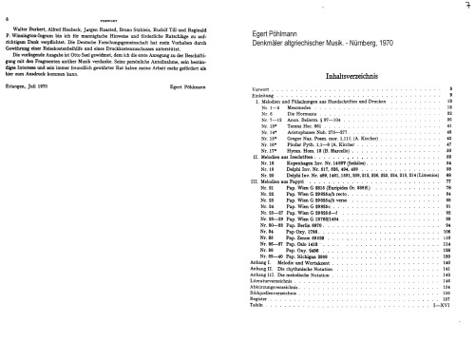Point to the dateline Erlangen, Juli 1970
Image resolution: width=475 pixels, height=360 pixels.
[35, 111]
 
